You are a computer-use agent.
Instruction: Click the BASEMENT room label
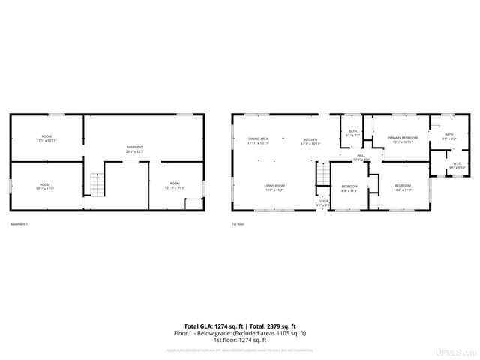coord(135,148)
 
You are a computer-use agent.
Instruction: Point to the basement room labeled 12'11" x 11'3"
coord(174,184)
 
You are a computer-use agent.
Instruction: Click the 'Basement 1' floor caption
coord(19,224)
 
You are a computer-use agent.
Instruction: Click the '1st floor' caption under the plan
coord(238,224)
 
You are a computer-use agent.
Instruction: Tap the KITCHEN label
coord(310,140)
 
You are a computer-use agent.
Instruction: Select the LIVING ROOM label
coord(274,187)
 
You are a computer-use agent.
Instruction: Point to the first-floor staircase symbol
coord(322,175)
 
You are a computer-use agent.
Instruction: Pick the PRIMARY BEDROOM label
coord(402,139)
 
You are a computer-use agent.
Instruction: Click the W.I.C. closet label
coord(456,166)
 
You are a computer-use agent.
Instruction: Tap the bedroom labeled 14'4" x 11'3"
coord(403,187)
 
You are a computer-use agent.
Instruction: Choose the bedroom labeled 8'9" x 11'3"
coord(349,187)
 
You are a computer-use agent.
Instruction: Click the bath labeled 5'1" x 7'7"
coord(352,133)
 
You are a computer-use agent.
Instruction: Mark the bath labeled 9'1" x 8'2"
coord(448,136)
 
